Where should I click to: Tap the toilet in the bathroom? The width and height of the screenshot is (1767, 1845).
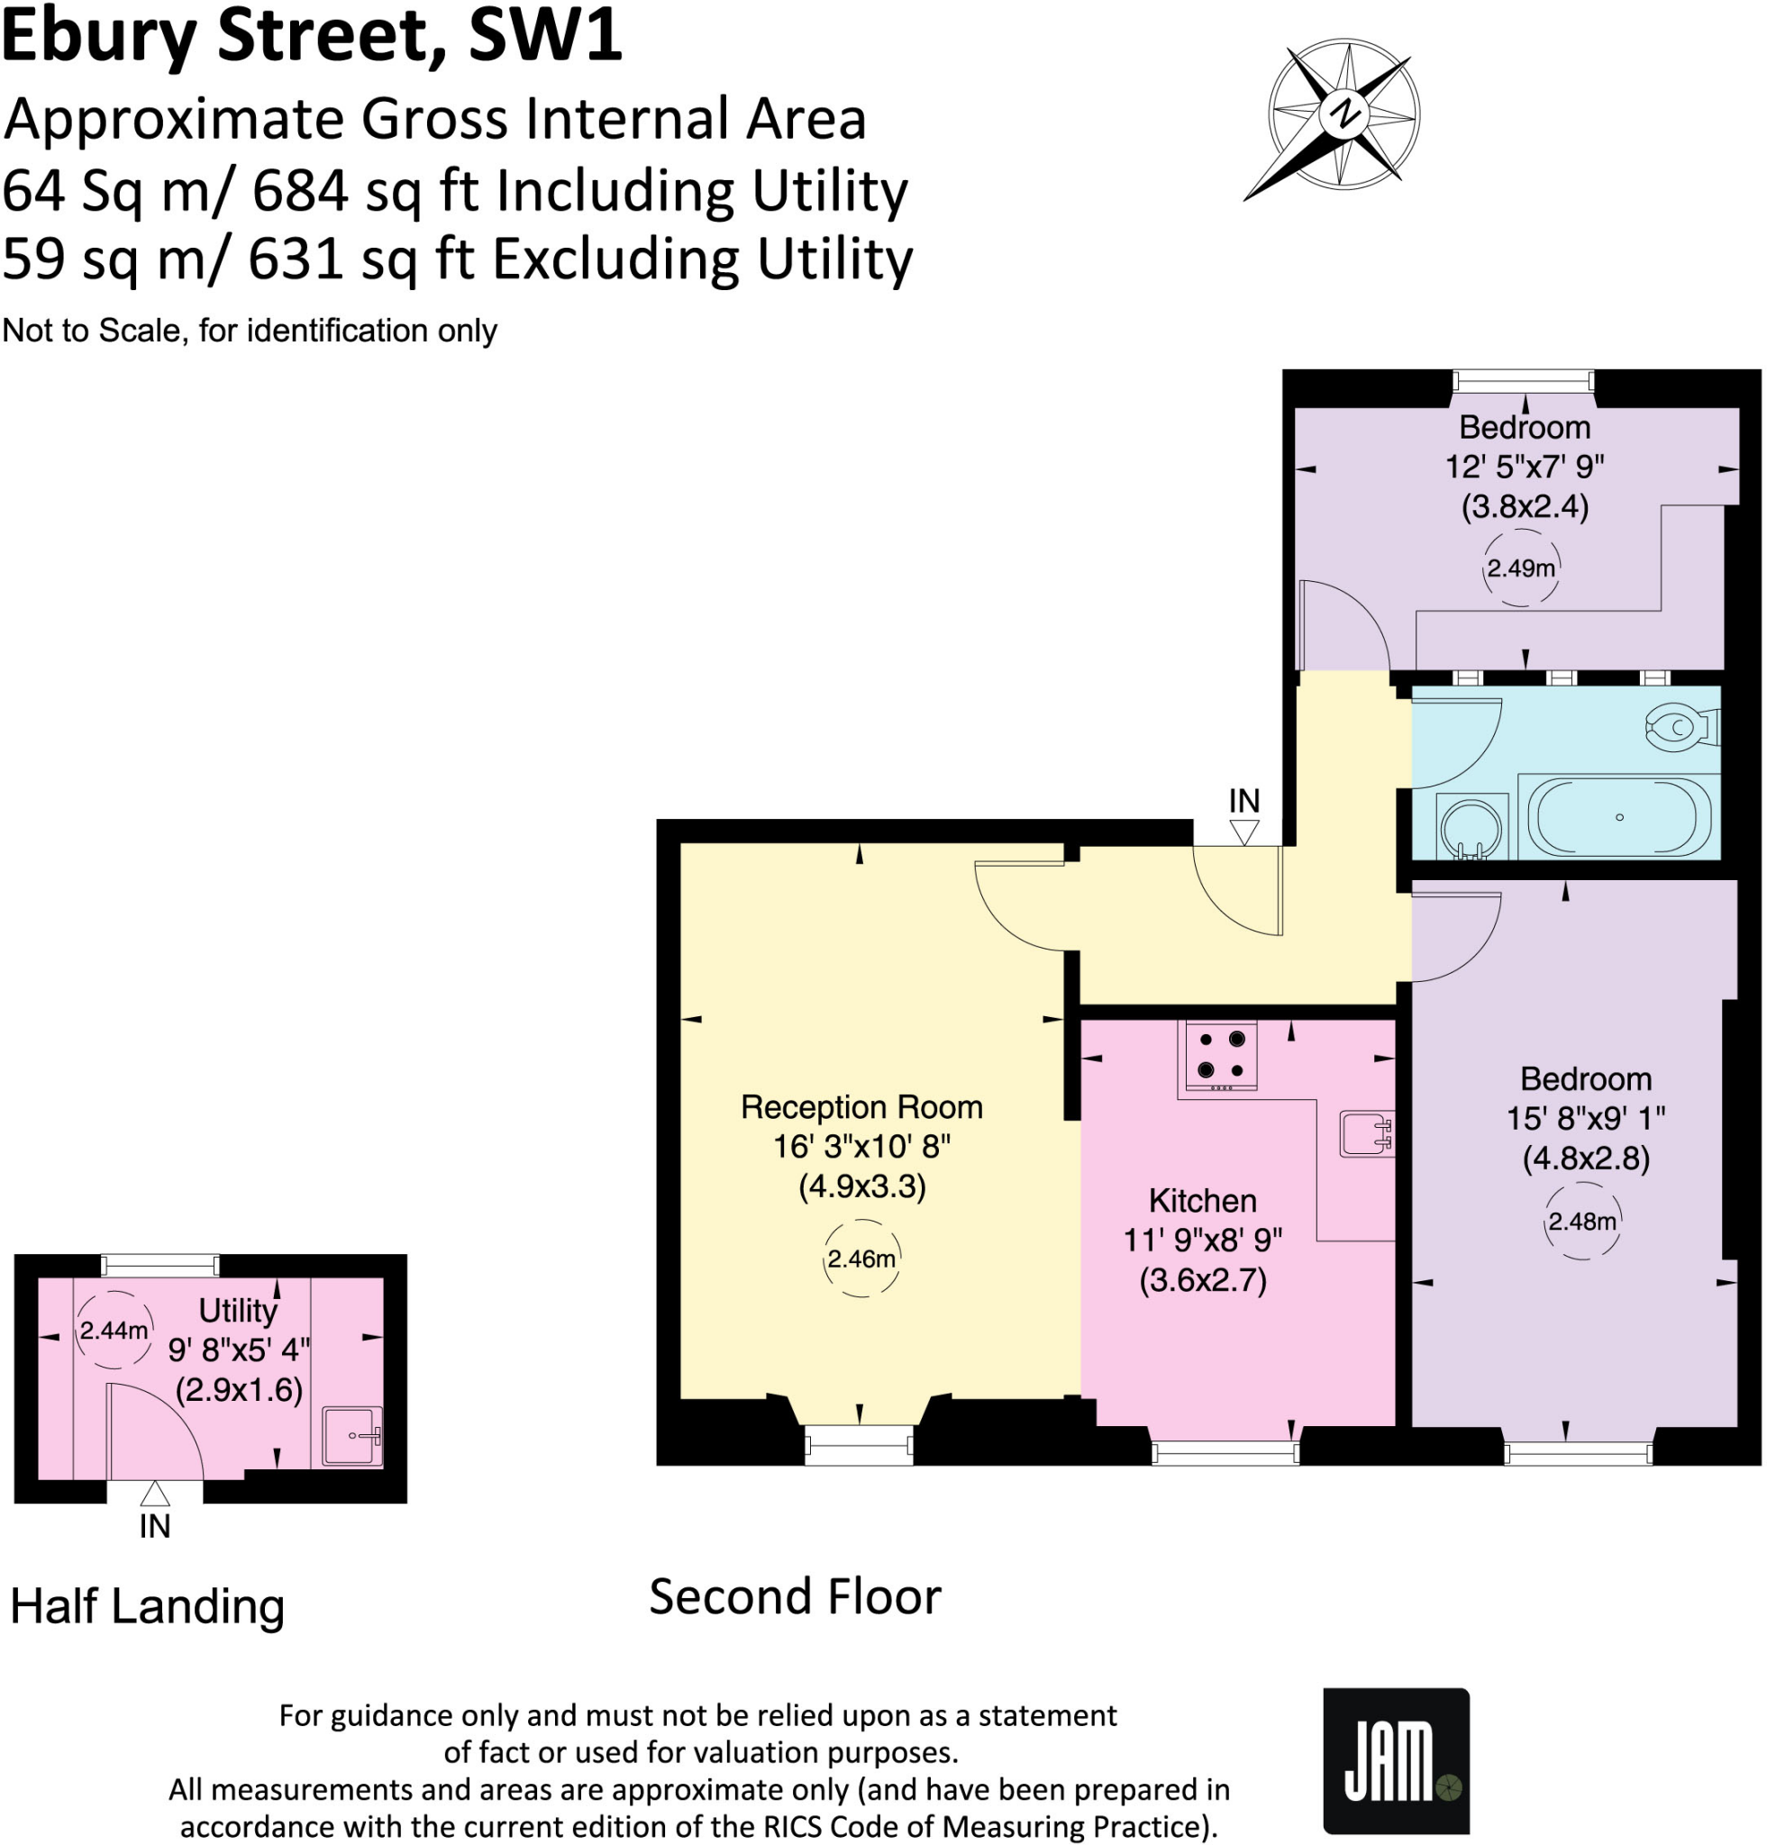point(1681,728)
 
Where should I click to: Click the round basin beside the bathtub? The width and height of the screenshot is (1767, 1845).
point(1471,826)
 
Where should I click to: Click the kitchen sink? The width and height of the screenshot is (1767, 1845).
point(1365,1133)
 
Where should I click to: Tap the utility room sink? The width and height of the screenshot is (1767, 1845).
point(352,1435)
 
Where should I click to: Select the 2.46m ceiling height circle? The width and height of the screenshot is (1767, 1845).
point(861,1259)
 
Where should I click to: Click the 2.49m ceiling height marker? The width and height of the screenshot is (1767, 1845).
point(1519,568)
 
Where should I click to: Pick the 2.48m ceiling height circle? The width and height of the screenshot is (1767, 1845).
point(1581,1222)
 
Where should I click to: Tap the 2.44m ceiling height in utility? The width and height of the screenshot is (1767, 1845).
point(113,1330)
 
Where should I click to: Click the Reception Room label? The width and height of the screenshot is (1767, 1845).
point(861,1107)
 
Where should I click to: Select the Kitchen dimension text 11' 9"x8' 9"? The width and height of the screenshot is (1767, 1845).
point(1202,1240)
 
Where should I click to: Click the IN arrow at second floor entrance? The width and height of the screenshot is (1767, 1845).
point(1243,831)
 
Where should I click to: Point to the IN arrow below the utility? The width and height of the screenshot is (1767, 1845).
point(154,1493)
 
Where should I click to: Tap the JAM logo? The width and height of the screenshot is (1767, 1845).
point(1395,1760)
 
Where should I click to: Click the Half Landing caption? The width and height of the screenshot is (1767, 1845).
point(147,1607)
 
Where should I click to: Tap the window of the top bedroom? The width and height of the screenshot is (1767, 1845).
point(1522,380)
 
